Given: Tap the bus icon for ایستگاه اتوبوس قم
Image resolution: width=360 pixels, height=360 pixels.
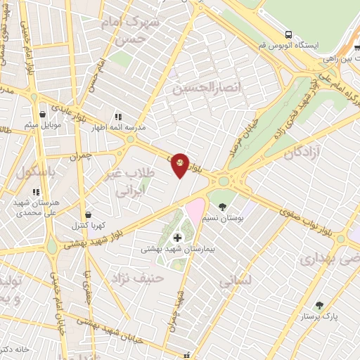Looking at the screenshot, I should [x=288, y=34].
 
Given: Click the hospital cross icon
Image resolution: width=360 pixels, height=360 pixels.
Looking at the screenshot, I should [x=177, y=238].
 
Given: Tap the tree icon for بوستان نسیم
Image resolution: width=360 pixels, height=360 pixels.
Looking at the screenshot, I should [x=223, y=207].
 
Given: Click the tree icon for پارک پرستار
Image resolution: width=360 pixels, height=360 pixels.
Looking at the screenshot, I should [x=319, y=305].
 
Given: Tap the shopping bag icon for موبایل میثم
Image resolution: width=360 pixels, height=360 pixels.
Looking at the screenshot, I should [x=43, y=114].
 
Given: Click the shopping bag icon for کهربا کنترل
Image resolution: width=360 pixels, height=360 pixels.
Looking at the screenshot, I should [x=88, y=214].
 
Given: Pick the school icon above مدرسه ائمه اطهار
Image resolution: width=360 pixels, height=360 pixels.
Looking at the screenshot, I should [x=118, y=116].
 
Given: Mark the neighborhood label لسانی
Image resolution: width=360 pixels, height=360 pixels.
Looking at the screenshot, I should [x=234, y=282].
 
